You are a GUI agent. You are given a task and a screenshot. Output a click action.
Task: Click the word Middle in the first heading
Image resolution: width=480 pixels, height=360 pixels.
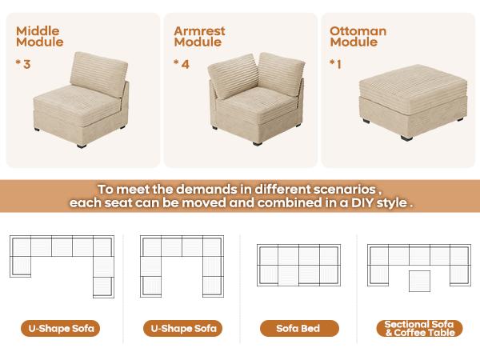pos(38,31)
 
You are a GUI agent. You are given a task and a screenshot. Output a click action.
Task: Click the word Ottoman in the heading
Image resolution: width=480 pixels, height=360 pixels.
pos(358,31)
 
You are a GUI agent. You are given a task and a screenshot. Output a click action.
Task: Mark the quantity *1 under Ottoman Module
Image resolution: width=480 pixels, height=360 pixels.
pos(337,62)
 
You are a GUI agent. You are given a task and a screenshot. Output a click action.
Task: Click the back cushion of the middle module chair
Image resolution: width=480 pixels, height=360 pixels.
pos(100,71)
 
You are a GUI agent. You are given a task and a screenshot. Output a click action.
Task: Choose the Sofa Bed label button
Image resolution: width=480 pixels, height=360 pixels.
pos(299,328)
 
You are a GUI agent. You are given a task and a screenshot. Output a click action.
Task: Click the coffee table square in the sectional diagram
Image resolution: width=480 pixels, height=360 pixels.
pos(418,281)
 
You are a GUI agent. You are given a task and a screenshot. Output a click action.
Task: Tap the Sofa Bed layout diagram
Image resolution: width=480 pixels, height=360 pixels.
pos(299,264)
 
